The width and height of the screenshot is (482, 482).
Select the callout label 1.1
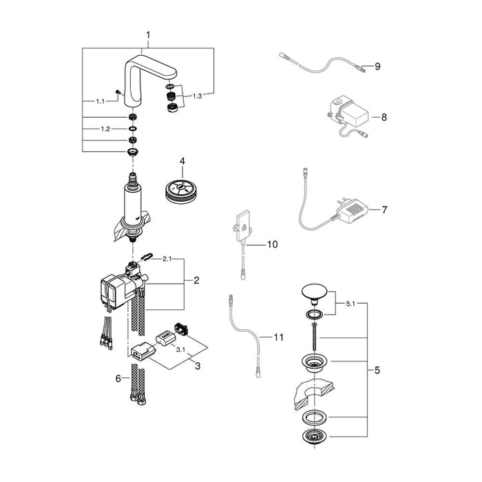pyautogui.click(x=100, y=101)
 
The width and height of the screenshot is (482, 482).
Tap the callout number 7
pyautogui.click(x=385, y=209)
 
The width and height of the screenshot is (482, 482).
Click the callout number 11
pyautogui.click(x=278, y=337)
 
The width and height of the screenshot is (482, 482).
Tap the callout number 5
pyautogui.click(x=377, y=370)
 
